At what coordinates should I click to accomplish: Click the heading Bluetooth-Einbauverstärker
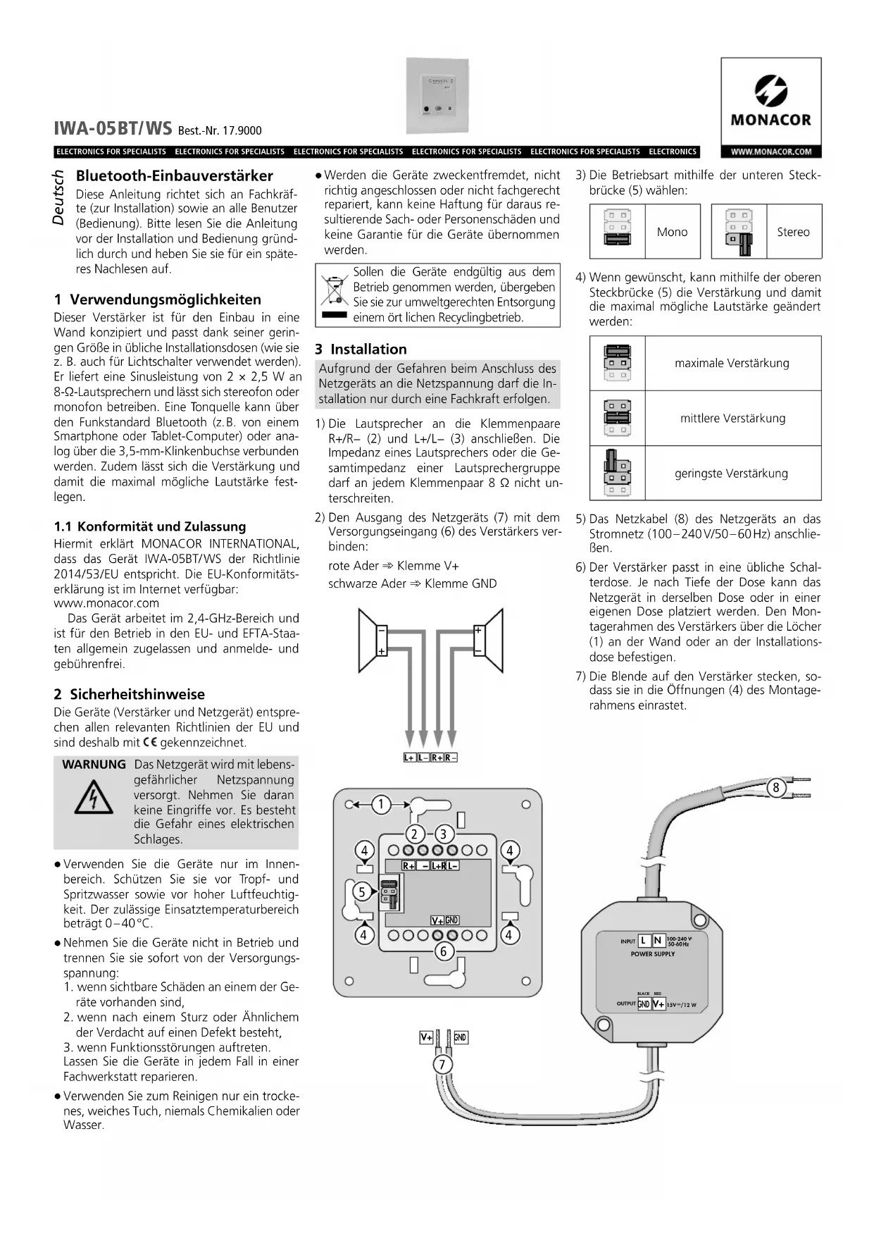(174, 175)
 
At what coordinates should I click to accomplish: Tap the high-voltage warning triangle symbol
(94, 799)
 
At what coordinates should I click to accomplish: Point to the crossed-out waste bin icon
(334, 290)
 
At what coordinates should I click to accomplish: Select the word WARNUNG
(94, 765)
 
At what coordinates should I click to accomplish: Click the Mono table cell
(672, 232)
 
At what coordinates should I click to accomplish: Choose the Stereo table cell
(793, 232)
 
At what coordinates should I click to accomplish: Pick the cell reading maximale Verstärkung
(732, 363)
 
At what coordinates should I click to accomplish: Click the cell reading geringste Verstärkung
(731, 474)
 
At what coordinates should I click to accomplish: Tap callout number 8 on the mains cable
(776, 787)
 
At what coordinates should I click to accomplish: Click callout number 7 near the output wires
(442, 1064)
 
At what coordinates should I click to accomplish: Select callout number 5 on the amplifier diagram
(362, 891)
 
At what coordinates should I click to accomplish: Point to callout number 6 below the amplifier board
(443, 951)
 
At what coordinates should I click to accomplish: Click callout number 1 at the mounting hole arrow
(381, 804)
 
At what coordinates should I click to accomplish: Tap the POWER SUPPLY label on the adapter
(652, 954)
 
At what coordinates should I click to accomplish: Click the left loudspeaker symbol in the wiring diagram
(372, 641)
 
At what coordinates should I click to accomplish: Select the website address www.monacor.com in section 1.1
(106, 603)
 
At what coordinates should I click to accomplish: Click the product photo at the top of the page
(437, 96)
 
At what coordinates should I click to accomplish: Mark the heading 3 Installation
(361, 349)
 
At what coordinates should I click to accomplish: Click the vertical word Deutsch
(59, 199)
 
